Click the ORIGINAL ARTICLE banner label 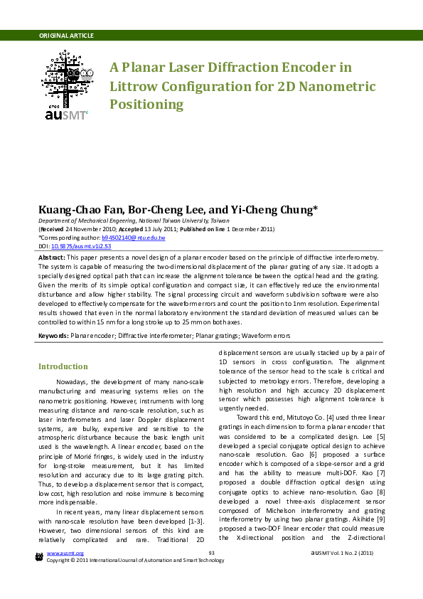pyautogui.click(x=66, y=36)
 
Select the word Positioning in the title pyautogui.click(x=146, y=105)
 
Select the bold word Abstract pyautogui.click(x=51, y=256)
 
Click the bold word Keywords pyautogui.click(x=54, y=334)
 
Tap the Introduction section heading pyautogui.click(x=63, y=366)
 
